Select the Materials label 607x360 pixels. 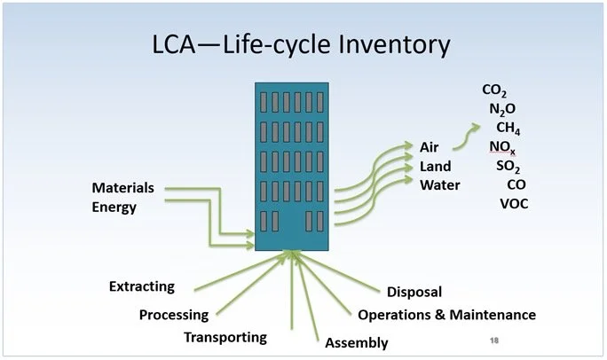123,188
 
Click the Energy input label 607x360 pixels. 115,207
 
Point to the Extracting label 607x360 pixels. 142,286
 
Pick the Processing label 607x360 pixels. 174,315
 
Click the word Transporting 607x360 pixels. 225,337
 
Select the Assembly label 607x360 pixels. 357,343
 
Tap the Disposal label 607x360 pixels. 414,292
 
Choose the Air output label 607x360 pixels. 430,146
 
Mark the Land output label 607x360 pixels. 436,166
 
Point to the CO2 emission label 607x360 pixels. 495,90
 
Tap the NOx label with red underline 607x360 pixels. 501,146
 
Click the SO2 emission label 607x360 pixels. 508,166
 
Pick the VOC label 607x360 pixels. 516,205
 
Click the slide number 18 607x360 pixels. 495,340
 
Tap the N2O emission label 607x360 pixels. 501,109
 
